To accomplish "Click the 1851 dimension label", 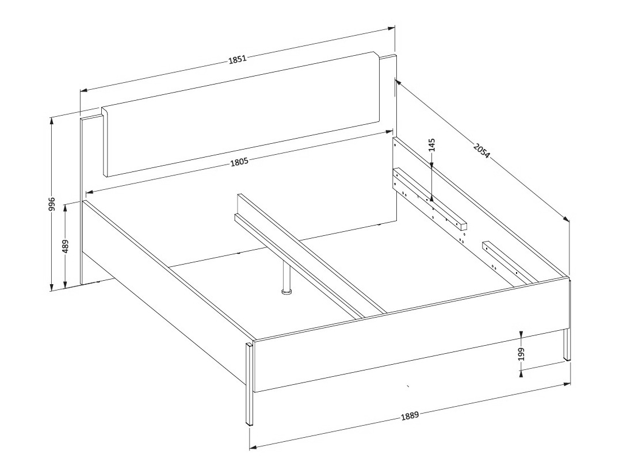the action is click(x=237, y=60).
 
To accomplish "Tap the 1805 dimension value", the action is click(x=239, y=162).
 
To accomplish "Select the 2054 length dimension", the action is click(x=481, y=150).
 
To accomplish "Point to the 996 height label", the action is click(x=51, y=204).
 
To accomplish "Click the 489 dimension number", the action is click(x=66, y=247).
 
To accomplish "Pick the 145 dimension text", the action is click(x=432, y=145).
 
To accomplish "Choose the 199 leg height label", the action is click(x=521, y=354).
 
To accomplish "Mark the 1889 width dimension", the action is click(x=410, y=416).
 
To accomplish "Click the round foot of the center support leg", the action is click(x=286, y=292).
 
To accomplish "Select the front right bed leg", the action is click(x=567, y=345).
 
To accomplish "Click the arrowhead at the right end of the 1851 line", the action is click(x=392, y=28).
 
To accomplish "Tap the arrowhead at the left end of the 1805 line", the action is click(x=90, y=192).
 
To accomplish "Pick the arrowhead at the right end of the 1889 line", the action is click(x=567, y=384).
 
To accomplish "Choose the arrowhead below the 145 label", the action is click(x=432, y=163).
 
